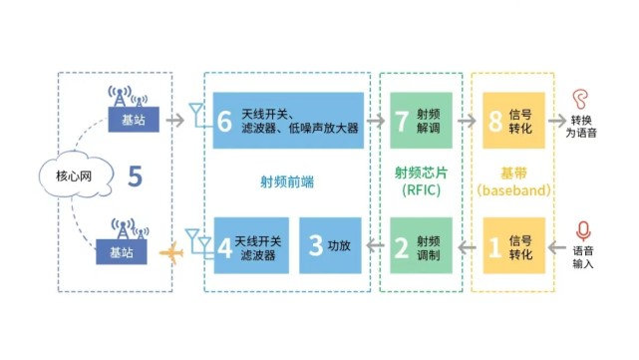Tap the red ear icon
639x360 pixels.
pyautogui.click(x=581, y=98)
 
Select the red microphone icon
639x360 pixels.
pyautogui.click(x=582, y=230)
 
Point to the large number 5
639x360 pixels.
pyautogui.click(x=135, y=178)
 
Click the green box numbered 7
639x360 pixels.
pyautogui.click(x=421, y=121)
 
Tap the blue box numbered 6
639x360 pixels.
pyautogui.click(x=289, y=121)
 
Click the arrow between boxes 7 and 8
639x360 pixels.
pyautogui.click(x=467, y=121)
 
